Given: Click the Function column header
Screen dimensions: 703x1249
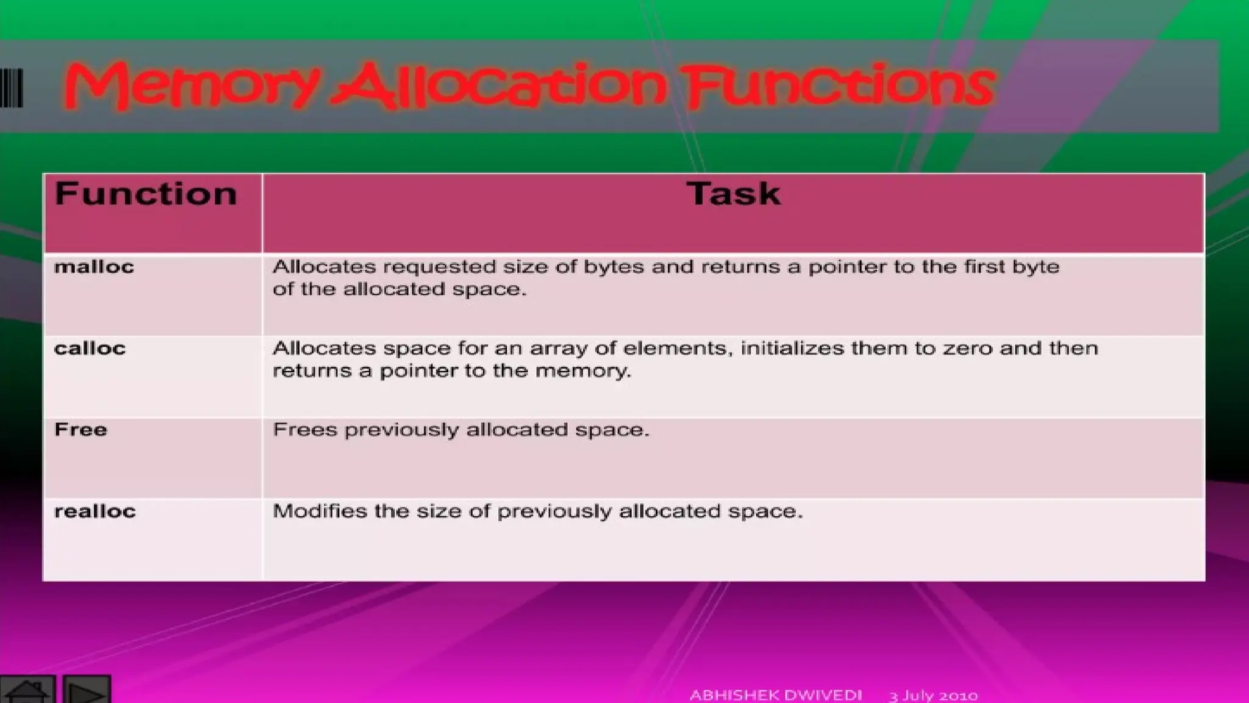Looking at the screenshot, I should point(146,194).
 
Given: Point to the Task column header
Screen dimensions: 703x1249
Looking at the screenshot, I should point(733,194).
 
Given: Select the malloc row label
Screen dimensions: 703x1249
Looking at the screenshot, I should point(94,267).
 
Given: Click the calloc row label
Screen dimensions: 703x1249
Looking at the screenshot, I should point(90,348).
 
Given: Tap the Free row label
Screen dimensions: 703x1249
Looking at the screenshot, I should point(81,430).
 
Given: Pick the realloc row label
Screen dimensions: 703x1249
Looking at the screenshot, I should point(95,511).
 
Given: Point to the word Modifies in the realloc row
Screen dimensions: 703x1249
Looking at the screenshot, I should point(320,511).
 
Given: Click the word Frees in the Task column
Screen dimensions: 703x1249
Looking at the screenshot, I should point(305,430).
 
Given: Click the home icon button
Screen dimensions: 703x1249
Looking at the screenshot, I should point(27,691).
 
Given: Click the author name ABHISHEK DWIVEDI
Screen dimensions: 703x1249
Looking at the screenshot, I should point(776,695).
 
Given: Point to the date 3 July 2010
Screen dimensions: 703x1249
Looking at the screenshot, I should point(933,696).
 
